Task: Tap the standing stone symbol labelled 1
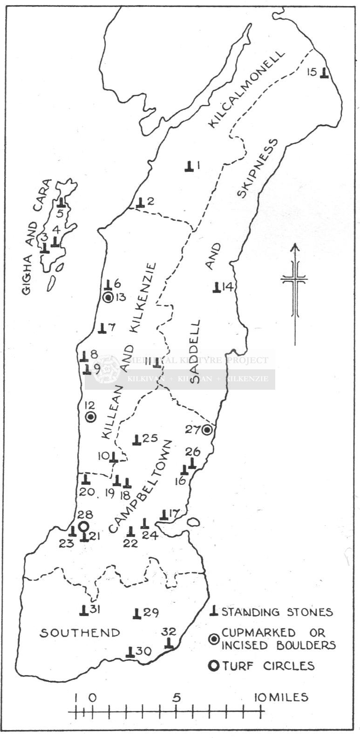[189, 166]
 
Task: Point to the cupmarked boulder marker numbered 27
[207, 430]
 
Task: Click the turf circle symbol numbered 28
[83, 527]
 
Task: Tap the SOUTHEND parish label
[79, 633]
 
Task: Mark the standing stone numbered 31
[83, 610]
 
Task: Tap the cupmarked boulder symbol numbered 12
[91, 417]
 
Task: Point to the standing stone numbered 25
[136, 440]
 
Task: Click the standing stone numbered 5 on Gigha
[61, 203]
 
